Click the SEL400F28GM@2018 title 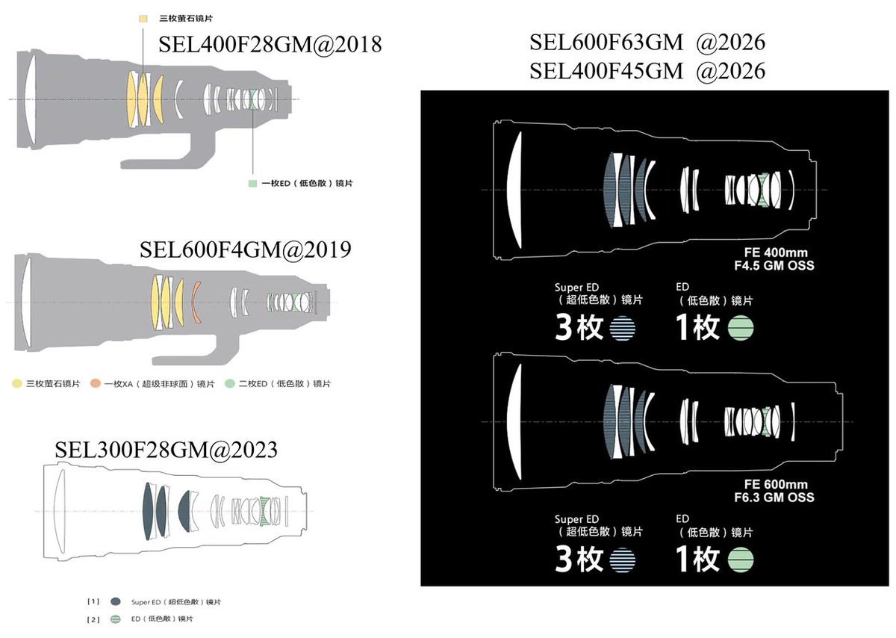[270, 44]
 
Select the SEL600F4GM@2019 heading [245, 250]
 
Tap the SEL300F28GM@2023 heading [166, 450]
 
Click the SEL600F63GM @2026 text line [647, 42]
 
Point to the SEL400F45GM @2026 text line [647, 71]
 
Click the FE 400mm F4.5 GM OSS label [774, 259]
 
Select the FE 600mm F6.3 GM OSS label [774, 491]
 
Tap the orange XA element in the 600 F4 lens [195, 302]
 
